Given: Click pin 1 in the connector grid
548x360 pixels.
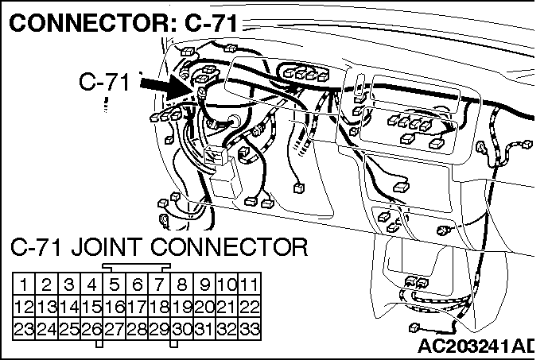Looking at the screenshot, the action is pyautogui.click(x=24, y=285).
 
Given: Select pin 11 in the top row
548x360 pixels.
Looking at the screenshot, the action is pyautogui.click(x=249, y=285).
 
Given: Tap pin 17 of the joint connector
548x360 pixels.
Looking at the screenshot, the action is pyautogui.click(x=137, y=307).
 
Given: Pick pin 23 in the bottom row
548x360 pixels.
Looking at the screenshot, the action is pyautogui.click(x=24, y=329).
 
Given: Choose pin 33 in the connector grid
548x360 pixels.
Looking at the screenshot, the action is pyautogui.click(x=249, y=329).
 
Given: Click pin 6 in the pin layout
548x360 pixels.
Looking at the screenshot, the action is pyautogui.click(x=137, y=285).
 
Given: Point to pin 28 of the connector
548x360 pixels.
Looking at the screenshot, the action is pyautogui.click(x=137, y=329).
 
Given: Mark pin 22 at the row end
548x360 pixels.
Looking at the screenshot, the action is pyautogui.click(x=249, y=307).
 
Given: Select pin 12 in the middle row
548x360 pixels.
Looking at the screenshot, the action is pyautogui.click(x=24, y=307).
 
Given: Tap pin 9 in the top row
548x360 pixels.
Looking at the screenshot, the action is pyautogui.click(x=204, y=285).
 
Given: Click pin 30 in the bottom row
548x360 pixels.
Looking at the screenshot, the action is pyautogui.click(x=181, y=329).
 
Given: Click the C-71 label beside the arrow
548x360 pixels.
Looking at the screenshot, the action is pyautogui.click(x=104, y=81).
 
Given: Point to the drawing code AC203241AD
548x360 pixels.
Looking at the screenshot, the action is pyautogui.click(x=476, y=346).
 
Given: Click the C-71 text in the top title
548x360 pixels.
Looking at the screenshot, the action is pyautogui.click(x=211, y=23).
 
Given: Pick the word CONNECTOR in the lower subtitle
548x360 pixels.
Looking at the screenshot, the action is pyautogui.click(x=229, y=247).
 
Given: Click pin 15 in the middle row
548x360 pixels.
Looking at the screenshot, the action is pyautogui.click(x=91, y=307).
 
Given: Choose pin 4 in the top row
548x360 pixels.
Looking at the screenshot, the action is pyautogui.click(x=91, y=285).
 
